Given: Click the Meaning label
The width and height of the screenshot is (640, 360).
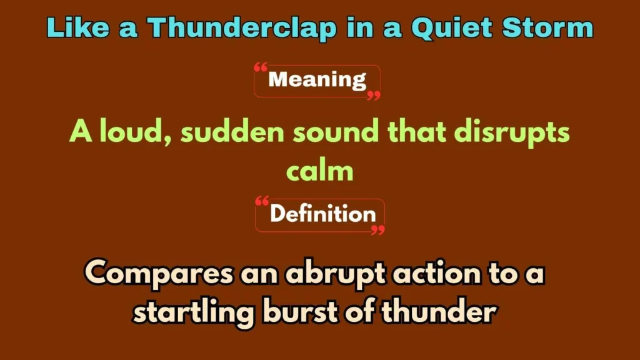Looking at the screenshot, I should pyautogui.click(x=317, y=80).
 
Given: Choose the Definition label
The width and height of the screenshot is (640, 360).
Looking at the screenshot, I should pyautogui.click(x=322, y=214).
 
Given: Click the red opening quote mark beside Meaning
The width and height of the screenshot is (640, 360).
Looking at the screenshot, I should pyautogui.click(x=261, y=67).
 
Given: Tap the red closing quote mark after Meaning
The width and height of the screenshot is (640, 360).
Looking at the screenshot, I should pyautogui.click(x=373, y=95).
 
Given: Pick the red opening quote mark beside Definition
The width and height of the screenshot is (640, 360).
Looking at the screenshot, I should pyautogui.click(x=262, y=201).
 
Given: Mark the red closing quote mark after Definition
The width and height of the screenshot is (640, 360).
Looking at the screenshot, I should pyautogui.click(x=377, y=230).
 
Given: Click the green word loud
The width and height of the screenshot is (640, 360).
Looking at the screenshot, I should pyautogui.click(x=134, y=132).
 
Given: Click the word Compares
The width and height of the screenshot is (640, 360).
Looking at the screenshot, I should pyautogui.click(x=159, y=274).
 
